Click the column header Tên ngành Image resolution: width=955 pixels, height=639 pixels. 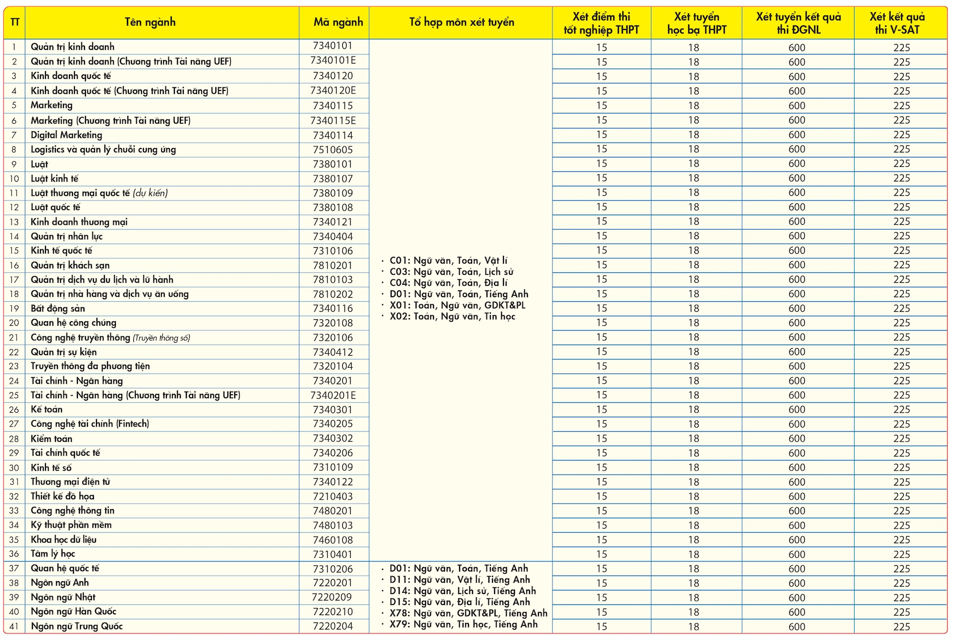[x=150, y=22]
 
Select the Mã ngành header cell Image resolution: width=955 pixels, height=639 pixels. [x=338, y=22]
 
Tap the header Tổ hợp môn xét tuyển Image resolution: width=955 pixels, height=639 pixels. [x=462, y=22]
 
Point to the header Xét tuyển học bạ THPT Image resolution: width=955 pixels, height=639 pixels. [x=697, y=23]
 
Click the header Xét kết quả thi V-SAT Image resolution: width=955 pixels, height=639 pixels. [x=897, y=23]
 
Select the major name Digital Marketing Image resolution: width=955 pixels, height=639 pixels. [x=66, y=135]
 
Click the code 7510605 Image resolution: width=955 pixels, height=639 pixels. [x=333, y=150]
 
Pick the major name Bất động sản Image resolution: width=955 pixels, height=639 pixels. [x=58, y=308]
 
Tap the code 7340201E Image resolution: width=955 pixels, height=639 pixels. [x=333, y=395]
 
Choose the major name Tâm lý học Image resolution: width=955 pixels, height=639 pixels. [x=53, y=554]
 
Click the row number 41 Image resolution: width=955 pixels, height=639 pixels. [x=14, y=627]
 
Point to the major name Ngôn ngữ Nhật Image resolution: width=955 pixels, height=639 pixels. [x=63, y=597]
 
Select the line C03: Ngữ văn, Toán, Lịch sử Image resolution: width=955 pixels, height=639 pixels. [x=452, y=272]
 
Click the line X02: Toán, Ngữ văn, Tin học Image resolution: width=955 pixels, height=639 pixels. [x=453, y=316]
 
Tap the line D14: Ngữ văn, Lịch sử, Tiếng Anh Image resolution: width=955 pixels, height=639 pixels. [x=463, y=591]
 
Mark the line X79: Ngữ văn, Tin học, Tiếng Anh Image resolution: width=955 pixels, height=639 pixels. [x=464, y=624]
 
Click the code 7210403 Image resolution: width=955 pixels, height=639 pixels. [x=333, y=497]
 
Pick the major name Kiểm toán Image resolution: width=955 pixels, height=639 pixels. [x=51, y=439]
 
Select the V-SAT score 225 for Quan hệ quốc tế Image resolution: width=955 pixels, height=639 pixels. [x=902, y=569]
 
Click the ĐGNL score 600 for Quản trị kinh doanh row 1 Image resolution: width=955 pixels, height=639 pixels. [x=797, y=47]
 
